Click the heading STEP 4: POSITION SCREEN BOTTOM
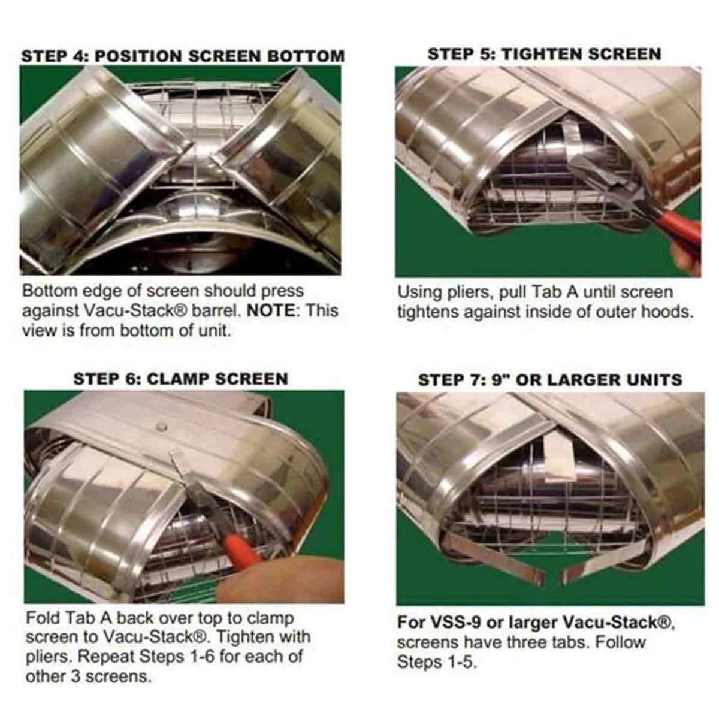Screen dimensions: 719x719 [x=183, y=56]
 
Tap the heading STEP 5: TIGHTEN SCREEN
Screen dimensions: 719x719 [x=544, y=54]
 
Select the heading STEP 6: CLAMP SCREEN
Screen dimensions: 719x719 [x=180, y=379]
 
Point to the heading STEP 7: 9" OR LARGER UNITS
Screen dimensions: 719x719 [x=549, y=380]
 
